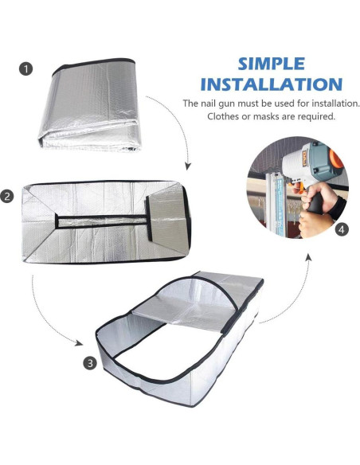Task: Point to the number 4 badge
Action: tap(342, 230)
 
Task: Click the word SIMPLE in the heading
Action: tap(271, 64)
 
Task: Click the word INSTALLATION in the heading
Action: tap(271, 84)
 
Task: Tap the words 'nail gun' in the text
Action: tap(225, 104)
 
